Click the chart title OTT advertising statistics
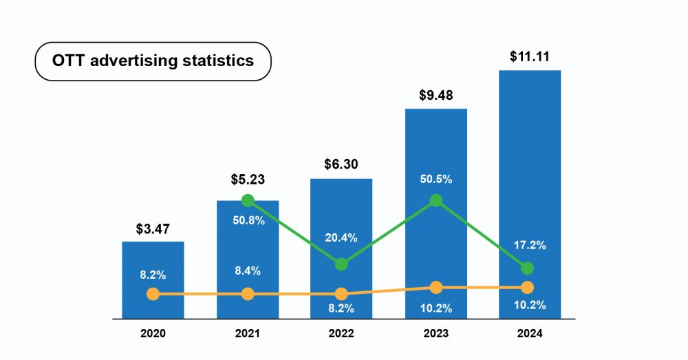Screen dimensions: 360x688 153,61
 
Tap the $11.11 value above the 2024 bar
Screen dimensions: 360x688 529,57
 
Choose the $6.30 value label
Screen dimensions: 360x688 341,165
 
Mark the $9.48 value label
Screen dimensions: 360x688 436,95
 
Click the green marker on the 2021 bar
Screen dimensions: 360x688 248,200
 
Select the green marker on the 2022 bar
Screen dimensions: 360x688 341,264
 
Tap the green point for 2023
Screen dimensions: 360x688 436,201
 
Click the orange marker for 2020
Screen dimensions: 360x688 153,294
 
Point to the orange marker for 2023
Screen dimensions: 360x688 436,287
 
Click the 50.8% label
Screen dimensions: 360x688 248,222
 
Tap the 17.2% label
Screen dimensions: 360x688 529,244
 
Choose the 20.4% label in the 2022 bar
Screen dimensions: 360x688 341,237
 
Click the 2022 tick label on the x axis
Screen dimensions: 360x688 341,334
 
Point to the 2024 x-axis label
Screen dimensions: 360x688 529,334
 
